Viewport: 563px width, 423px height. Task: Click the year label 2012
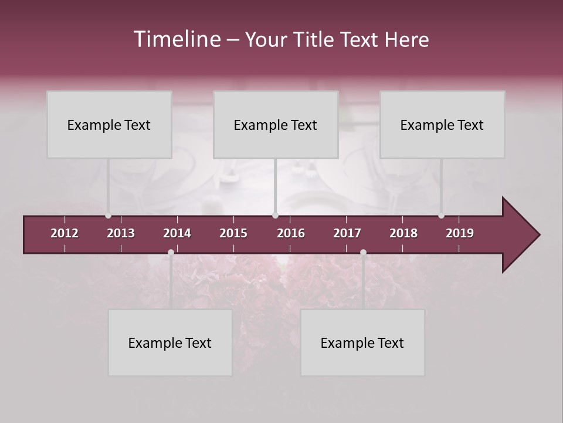65,233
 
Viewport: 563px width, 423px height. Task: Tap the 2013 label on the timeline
121,233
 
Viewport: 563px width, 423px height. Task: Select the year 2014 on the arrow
177,233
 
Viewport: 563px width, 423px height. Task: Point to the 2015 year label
233,233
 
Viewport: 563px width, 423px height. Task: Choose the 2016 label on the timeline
291,233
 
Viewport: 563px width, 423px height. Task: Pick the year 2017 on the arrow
347,233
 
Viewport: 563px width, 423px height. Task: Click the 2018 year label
403,233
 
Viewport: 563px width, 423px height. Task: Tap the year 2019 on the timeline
460,233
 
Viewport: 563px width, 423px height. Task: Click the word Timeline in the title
177,39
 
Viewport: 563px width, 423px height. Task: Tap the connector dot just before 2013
108,216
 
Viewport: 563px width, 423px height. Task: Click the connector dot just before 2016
275,216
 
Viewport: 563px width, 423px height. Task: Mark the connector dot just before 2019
441,216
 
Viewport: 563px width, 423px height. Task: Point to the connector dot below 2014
171,252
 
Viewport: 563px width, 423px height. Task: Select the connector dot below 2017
363,252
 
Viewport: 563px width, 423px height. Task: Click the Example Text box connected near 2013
109,125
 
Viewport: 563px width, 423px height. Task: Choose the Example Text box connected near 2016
276,125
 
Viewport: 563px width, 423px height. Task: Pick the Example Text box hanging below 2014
170,343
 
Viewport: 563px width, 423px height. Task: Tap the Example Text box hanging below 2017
362,343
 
